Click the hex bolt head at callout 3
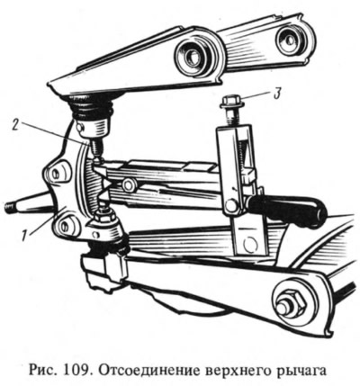click(232, 102)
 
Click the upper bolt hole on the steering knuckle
click(56, 174)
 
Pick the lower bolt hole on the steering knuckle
click(64, 226)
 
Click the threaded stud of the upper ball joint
click(95, 147)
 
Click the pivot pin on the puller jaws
click(129, 185)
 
